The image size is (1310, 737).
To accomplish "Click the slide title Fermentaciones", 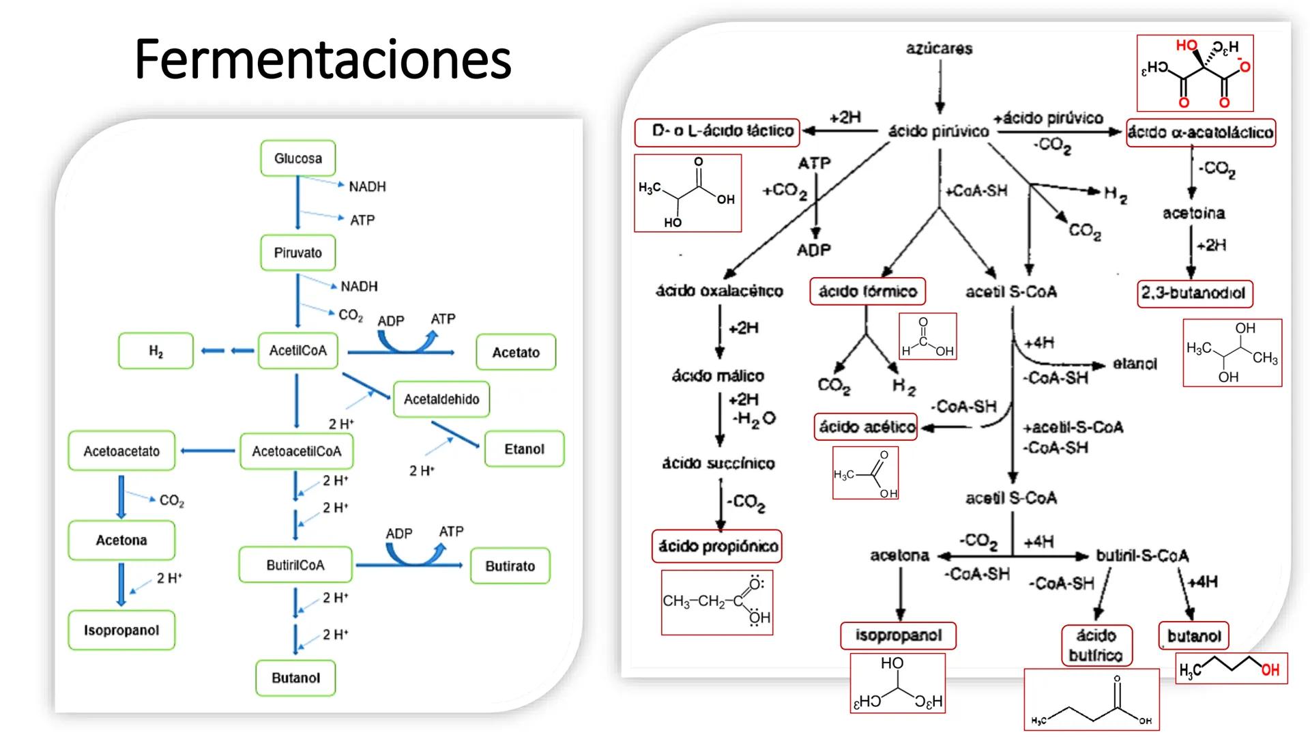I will tap(323, 59).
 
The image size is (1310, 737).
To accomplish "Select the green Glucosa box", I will tap(297, 158).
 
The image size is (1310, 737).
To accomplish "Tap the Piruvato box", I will tap(297, 252).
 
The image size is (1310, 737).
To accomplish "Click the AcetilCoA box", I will tap(297, 351).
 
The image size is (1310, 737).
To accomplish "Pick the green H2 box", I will tap(156, 351).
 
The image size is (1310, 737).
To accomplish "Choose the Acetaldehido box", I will tap(441, 399).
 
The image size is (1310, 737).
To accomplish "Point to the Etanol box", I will tap(524, 449).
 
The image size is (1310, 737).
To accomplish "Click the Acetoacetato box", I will tap(121, 451).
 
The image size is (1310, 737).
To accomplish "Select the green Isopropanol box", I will tap(121, 631).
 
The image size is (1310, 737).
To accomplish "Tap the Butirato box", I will tap(510, 566).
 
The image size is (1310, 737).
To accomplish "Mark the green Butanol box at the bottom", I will tap(295, 678).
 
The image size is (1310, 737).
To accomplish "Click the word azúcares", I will tap(939, 48).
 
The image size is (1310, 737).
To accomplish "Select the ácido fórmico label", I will tap(867, 292).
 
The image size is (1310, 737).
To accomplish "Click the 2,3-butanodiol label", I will tap(1194, 293).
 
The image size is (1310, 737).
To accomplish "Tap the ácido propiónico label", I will tap(717, 547).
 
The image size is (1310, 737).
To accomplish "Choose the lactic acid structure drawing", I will tap(688, 193).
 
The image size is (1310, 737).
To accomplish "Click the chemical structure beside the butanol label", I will tap(1232, 669).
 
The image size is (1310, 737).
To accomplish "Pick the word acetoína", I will tap(1193, 214).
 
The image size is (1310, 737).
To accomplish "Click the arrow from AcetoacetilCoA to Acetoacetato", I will tap(207, 451).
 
